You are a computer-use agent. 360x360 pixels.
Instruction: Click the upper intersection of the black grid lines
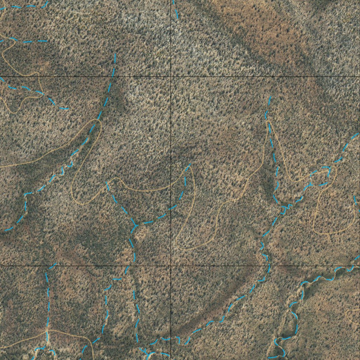[x=171, y=76]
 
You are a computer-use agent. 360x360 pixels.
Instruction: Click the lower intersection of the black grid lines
[x=171, y=266]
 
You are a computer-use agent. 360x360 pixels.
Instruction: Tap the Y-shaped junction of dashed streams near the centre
[x=135, y=224]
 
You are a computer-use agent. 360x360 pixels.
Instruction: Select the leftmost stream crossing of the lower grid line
[x=51, y=266]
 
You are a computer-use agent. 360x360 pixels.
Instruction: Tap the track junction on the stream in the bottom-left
[x=47, y=331]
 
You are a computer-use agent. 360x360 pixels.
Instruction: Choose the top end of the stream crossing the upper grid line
[x=115, y=54]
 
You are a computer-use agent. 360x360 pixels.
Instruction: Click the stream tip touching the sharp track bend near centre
[x=189, y=165]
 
